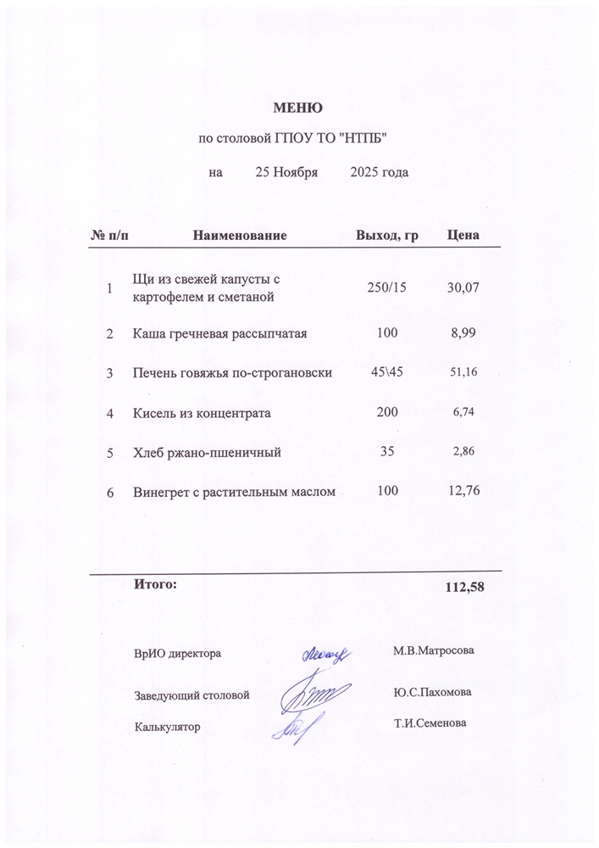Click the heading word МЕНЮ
point(297,108)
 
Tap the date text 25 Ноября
point(286,173)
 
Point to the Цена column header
point(463,235)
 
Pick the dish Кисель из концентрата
point(202,413)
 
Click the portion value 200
point(387,413)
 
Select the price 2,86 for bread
point(464,452)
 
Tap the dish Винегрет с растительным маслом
point(235,492)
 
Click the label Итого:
point(155,583)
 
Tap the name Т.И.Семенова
point(430,723)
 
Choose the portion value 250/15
point(387,288)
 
